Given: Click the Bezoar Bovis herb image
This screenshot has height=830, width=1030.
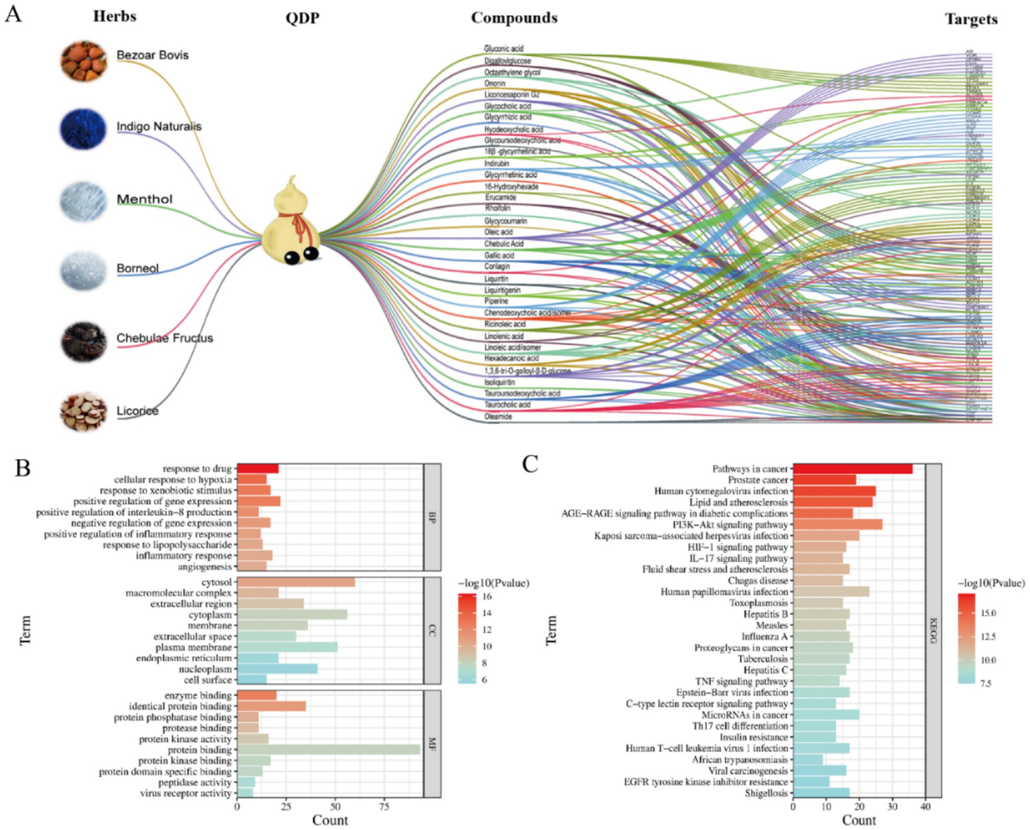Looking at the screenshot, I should [84, 61].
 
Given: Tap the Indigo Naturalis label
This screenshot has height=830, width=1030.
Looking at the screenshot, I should [159, 127].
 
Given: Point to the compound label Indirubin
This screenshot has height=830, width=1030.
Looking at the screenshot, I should [497, 164].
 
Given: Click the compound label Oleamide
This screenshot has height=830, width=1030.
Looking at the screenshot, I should [498, 417].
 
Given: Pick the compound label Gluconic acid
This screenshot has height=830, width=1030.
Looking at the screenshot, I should [504, 49].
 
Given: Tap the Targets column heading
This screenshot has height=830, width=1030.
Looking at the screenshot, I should [971, 19].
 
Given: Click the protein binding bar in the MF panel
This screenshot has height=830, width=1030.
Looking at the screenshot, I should [328, 750].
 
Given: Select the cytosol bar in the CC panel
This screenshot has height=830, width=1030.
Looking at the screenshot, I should [296, 582].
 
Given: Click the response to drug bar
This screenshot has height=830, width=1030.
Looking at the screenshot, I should [258, 469].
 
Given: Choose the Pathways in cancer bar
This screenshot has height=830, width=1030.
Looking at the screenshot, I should [853, 469].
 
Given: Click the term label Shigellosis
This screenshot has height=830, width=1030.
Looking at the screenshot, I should [766, 793].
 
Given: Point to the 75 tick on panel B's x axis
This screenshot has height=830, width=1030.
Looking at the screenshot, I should [384, 807].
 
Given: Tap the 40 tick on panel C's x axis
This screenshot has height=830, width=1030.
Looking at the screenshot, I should [925, 807].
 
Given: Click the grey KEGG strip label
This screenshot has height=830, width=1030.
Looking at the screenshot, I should [933, 630].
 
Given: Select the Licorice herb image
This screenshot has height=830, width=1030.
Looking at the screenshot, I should [83, 412].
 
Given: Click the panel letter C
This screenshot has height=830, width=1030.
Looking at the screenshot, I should [530, 465].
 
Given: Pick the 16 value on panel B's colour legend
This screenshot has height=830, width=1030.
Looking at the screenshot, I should [487, 597].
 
